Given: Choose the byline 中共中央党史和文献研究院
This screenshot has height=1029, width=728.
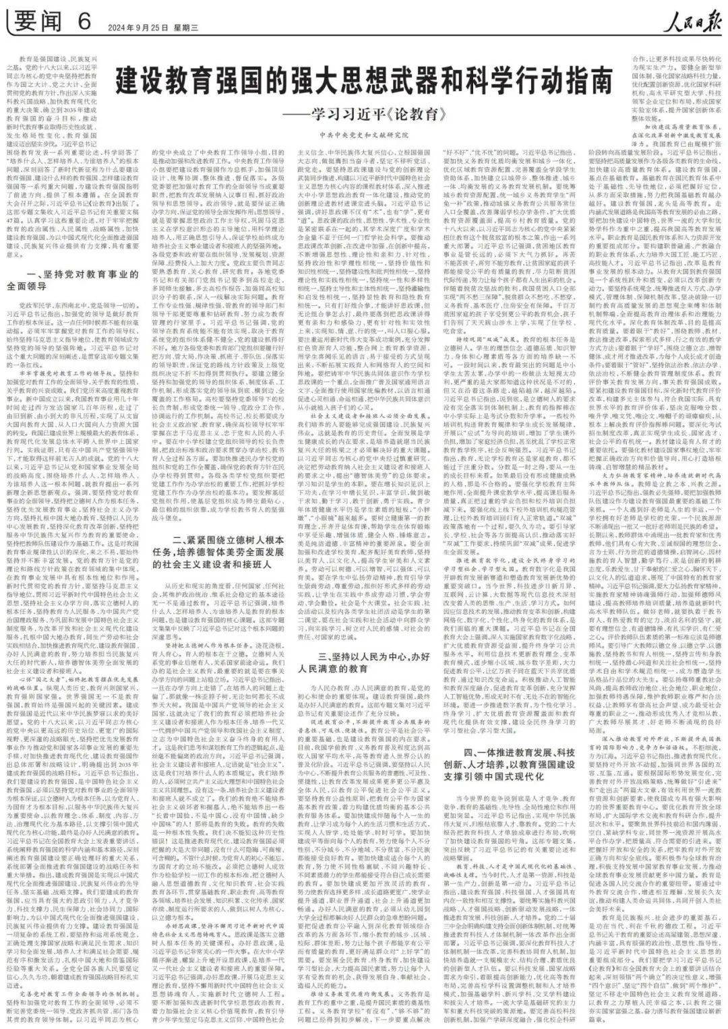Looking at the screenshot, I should click(365, 135).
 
